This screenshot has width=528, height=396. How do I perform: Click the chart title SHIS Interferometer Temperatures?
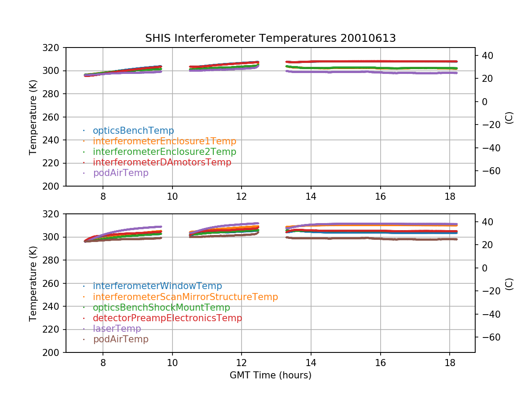pyautogui.click(x=270, y=38)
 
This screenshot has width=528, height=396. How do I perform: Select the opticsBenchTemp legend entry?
pyautogui.click(x=133, y=131)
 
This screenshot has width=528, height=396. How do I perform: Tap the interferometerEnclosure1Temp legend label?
pyautogui.click(x=164, y=141)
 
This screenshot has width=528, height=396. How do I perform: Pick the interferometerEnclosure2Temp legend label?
pyautogui.click(x=164, y=152)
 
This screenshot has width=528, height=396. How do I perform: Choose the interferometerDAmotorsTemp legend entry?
pyautogui.click(x=162, y=162)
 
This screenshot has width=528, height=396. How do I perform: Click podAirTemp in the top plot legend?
pyautogui.click(x=121, y=173)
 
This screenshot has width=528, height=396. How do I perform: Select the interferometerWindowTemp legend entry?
pyautogui.click(x=157, y=286)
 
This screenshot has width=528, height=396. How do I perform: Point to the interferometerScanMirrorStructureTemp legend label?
pyautogui.click(x=185, y=297)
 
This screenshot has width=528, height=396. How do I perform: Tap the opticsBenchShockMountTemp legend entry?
pyautogui.click(x=161, y=308)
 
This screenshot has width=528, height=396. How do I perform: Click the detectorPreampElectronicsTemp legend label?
pyautogui.click(x=167, y=318)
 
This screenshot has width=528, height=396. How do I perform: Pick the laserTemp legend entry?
pyautogui.click(x=117, y=329)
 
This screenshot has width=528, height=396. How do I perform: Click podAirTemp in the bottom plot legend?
pyautogui.click(x=121, y=339)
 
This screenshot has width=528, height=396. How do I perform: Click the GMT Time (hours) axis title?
pyautogui.click(x=270, y=375)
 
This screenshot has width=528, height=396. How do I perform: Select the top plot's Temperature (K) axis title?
pyautogui.click(x=33, y=117)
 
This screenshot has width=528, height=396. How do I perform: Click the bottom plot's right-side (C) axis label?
pyautogui.click(x=509, y=283)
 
